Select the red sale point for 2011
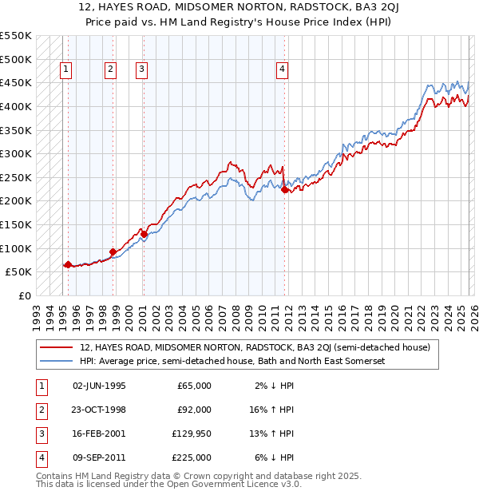coord(285,189)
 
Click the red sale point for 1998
coord(113,251)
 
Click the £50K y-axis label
coord(18,271)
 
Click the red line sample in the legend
coord(57,347)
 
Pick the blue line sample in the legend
coord(57,361)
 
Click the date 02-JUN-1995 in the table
coord(99,386)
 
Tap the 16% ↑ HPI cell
coord(271,410)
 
